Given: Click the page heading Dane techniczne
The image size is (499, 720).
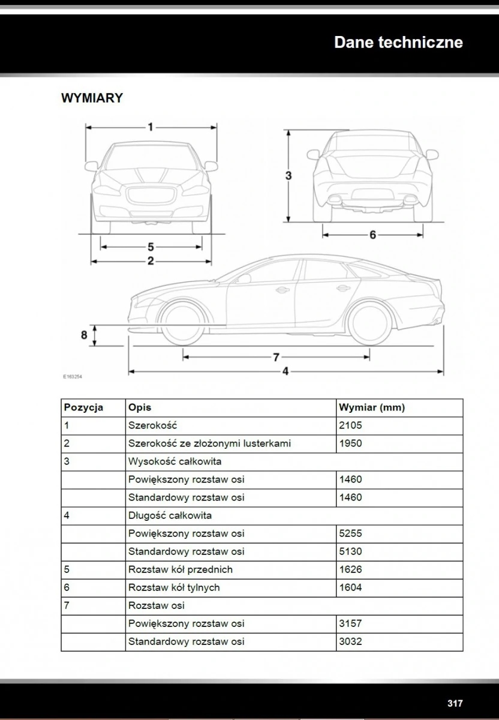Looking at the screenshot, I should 398,43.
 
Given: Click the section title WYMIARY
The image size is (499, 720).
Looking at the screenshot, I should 92,98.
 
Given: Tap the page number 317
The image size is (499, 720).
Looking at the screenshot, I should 455,703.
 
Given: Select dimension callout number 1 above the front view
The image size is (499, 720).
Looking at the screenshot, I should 151,127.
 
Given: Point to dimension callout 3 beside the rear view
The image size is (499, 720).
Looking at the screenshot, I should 288,176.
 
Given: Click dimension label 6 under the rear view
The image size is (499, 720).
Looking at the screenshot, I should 372,235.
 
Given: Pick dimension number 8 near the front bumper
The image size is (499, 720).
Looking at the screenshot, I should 85,335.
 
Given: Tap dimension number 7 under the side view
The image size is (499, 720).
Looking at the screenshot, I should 276,358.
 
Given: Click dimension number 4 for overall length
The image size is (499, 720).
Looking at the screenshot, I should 285,372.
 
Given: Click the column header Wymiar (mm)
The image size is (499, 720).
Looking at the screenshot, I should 372,407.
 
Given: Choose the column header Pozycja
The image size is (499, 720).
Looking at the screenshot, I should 83,407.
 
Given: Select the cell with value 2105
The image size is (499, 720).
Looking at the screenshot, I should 351,425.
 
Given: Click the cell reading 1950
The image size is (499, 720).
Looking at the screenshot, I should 351,443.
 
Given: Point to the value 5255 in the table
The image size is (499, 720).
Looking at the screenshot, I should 351,533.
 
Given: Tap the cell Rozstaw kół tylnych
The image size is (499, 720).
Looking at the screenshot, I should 174,587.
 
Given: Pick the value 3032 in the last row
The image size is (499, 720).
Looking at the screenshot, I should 351,641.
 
